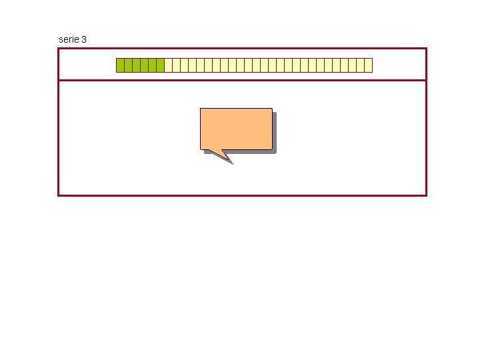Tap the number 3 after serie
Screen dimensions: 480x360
click(x=84, y=39)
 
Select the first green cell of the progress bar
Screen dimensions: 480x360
click(x=120, y=65)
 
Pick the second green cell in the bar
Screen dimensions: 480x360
click(x=128, y=65)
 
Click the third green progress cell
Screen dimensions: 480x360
click(x=136, y=65)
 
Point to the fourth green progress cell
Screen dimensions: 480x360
click(x=144, y=65)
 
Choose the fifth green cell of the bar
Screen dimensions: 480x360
click(x=152, y=65)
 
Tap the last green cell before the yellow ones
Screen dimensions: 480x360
click(x=160, y=65)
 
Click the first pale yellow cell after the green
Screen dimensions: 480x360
click(x=168, y=65)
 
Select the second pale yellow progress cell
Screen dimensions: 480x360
click(x=176, y=65)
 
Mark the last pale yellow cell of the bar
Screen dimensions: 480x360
click(x=368, y=65)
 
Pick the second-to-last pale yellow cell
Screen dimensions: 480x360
click(x=360, y=65)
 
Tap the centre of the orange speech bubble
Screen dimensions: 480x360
click(x=236, y=128)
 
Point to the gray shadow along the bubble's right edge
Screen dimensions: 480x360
click(x=274, y=132)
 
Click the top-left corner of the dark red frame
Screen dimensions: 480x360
click(x=59, y=48)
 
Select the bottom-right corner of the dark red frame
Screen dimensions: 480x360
click(x=426, y=195)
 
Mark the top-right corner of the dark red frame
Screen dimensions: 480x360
click(x=426, y=48)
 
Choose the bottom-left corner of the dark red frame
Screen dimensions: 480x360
click(x=59, y=195)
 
